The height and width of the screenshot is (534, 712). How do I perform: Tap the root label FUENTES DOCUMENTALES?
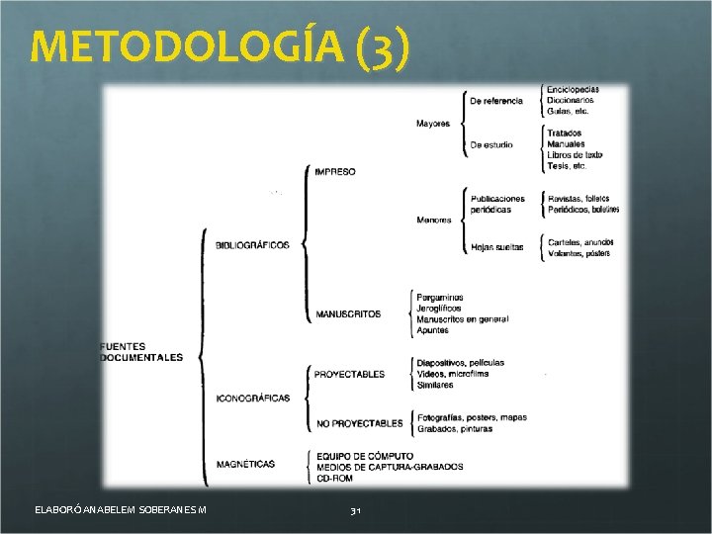141,352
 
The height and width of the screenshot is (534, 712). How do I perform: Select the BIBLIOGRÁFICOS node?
253,245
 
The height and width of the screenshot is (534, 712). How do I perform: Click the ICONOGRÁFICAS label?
253,399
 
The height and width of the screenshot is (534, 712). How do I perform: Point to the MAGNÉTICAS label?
245,464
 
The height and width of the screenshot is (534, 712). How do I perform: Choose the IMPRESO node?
335,172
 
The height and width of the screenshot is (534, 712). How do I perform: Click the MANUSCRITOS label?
348,314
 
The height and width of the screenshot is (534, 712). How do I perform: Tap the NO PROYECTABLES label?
359,423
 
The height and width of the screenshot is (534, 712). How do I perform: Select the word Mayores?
433,124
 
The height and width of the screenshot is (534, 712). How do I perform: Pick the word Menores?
434,220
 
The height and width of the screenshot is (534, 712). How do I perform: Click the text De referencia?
496,101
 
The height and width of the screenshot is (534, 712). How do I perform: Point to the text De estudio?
491,144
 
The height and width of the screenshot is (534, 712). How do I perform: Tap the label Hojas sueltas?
497,246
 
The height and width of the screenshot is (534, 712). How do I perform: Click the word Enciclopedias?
573,90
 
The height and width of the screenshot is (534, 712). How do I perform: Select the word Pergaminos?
440,297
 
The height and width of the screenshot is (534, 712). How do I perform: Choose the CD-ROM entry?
334,478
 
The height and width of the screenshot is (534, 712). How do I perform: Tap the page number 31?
356,510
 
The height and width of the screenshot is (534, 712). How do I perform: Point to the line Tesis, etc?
567,166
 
